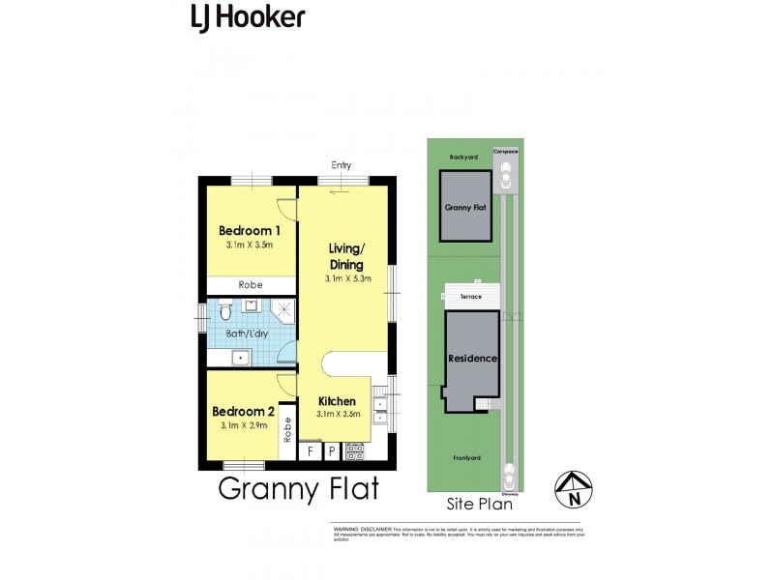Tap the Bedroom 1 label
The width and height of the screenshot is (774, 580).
[250, 231]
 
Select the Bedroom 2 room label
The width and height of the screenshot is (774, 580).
[244, 411]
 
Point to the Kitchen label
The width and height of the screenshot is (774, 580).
[338, 401]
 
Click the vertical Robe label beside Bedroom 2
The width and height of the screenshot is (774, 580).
[287, 429]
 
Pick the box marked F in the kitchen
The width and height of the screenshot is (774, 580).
[311, 450]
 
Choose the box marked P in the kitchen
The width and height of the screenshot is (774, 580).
[331, 450]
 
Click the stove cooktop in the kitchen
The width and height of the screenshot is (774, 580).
[353, 449]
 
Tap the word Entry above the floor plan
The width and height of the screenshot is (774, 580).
[341, 165]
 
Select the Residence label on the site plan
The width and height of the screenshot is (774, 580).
[472, 359]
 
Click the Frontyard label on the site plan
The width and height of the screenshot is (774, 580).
[468, 459]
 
